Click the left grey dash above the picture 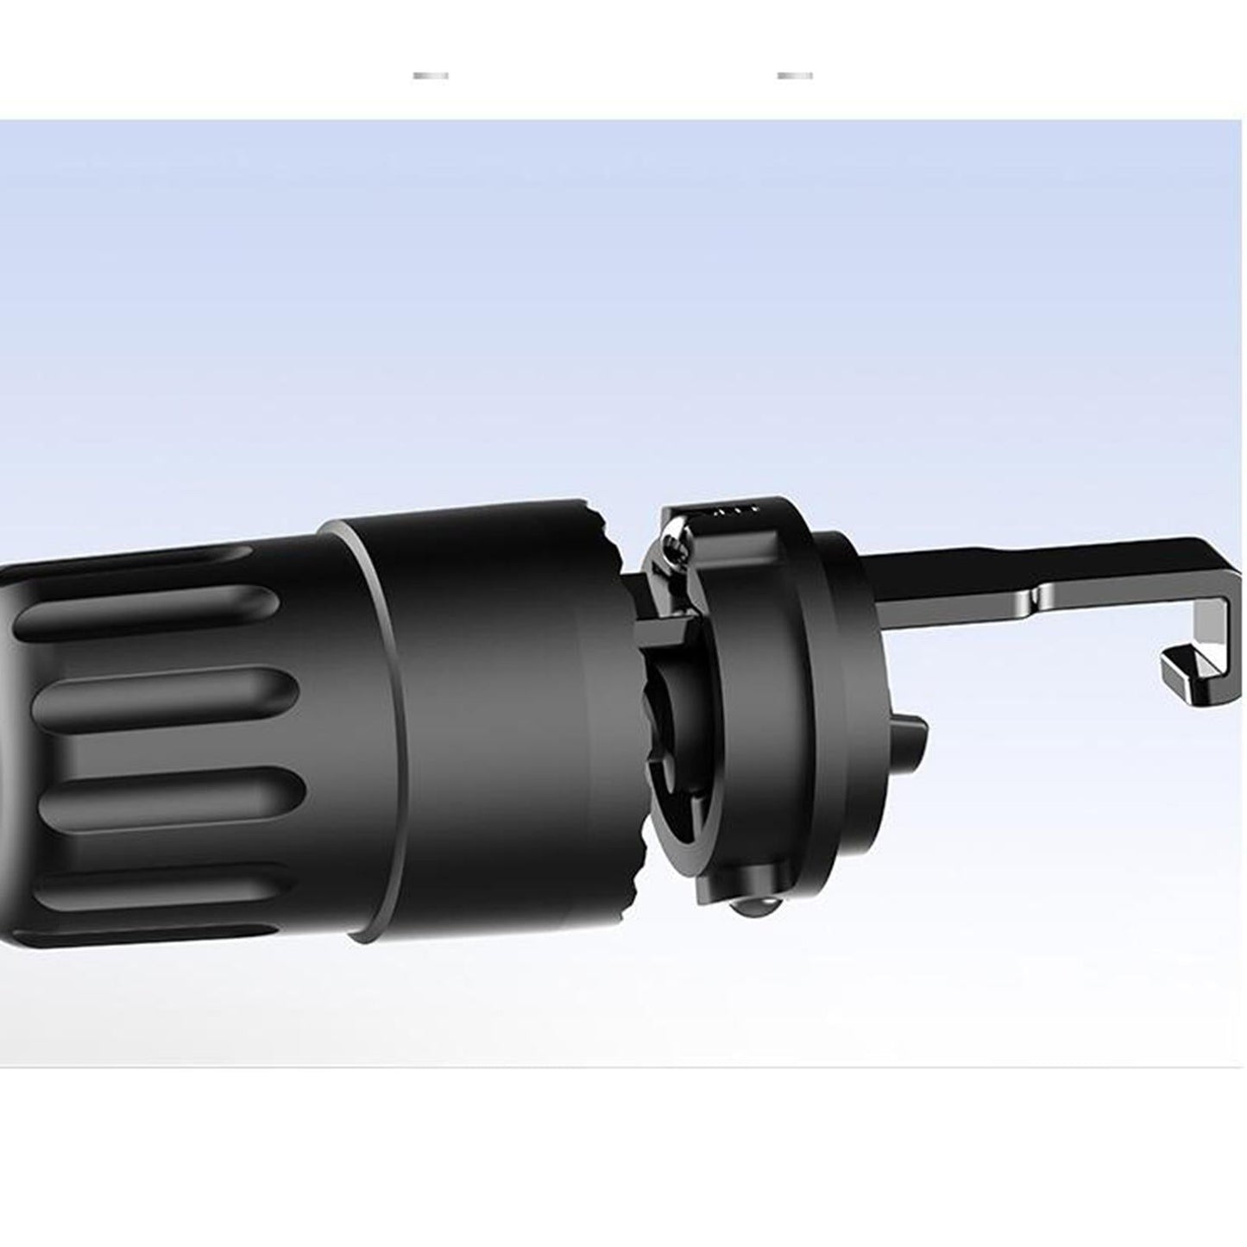(431, 76)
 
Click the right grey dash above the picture (794, 76)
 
